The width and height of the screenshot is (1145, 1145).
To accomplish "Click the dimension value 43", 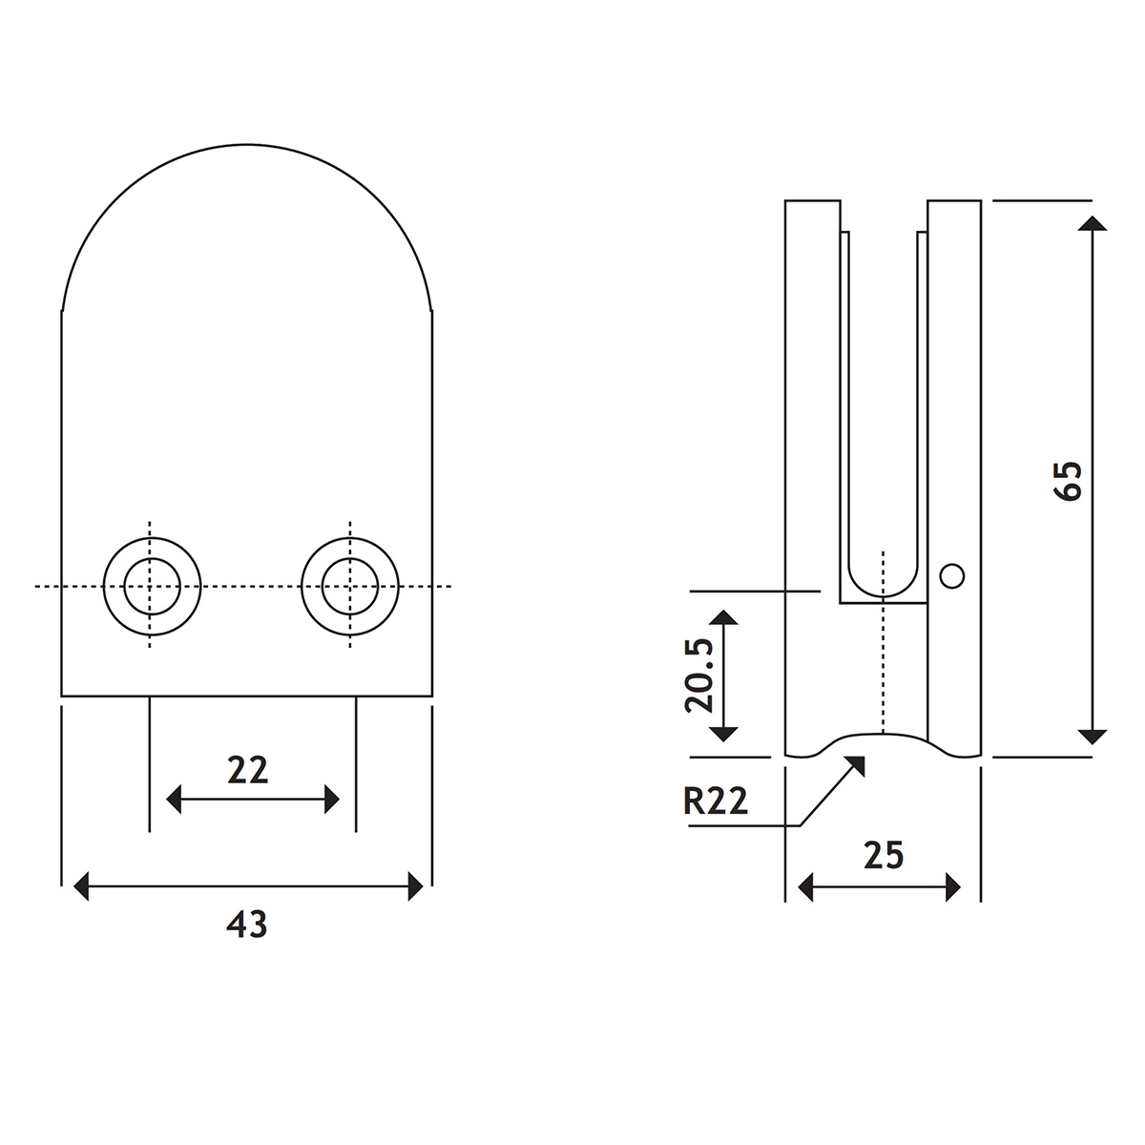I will (246, 924).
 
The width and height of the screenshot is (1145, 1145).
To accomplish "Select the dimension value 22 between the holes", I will (248, 769).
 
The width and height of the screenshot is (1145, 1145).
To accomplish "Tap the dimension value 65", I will (1069, 480).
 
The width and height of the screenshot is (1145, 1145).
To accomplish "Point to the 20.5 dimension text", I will (700, 676).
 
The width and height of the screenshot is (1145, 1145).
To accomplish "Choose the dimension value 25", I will (883, 856).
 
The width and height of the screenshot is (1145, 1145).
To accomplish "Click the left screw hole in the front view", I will (152, 586).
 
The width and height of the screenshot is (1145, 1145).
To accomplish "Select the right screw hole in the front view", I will (350, 586).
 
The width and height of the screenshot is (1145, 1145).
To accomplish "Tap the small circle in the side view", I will (951, 575).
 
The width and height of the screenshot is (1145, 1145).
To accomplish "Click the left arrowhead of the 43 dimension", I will (82, 886).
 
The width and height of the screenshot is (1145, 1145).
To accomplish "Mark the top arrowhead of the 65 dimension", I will (1093, 223).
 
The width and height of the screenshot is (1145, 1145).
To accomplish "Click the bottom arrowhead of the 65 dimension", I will (1093, 736).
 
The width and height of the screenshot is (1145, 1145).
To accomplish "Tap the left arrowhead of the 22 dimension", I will (175, 799).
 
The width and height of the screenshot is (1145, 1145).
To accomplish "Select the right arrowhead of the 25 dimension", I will (952, 888).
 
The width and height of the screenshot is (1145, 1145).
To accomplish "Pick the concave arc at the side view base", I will (884, 735).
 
